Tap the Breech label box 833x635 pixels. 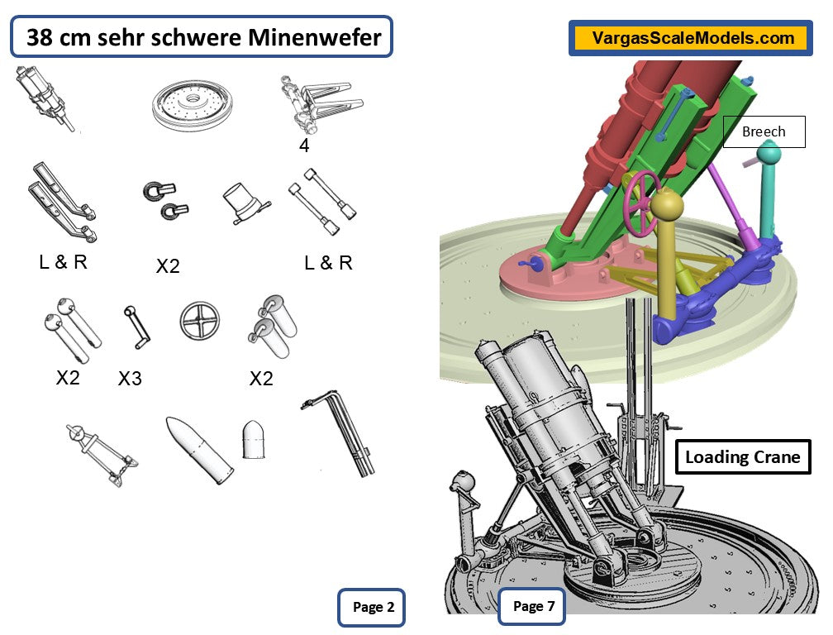point(764,131)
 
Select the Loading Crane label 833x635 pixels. point(742,457)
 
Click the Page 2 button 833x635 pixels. point(373,607)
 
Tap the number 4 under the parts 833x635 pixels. point(305,146)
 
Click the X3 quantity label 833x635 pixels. point(130,379)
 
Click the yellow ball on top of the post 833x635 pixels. point(667,206)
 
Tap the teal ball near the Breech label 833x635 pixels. point(770,153)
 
